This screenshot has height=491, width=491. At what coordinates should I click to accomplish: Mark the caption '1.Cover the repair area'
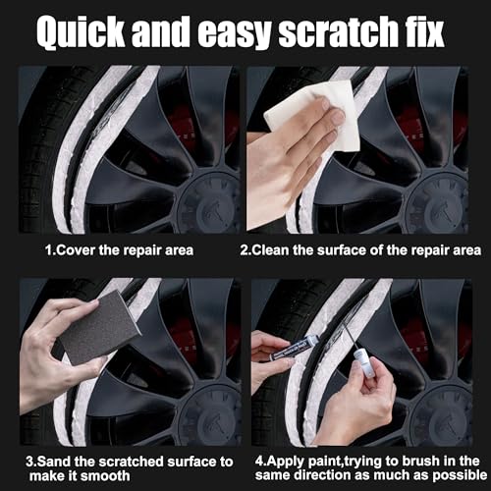point(120,250)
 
